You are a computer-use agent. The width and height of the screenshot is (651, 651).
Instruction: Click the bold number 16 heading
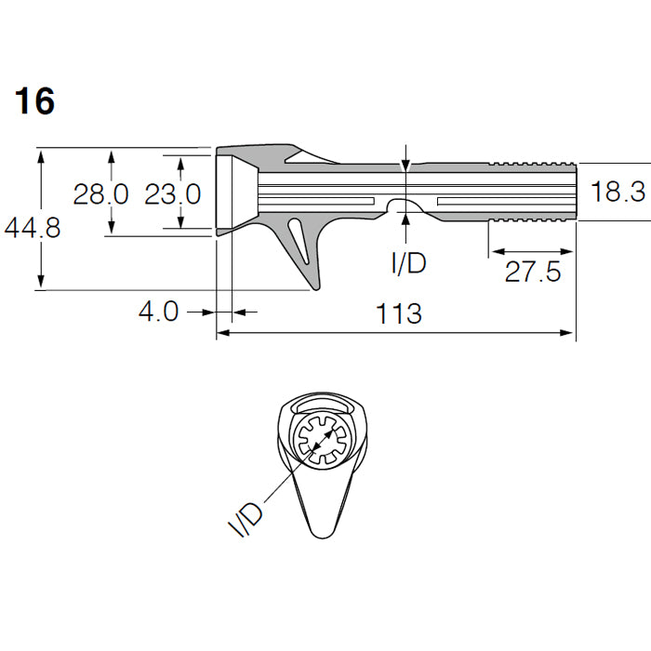point(34,101)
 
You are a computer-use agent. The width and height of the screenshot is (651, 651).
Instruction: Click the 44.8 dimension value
point(33,228)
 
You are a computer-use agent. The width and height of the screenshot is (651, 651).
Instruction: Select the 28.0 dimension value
point(100,193)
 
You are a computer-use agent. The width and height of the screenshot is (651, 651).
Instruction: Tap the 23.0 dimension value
point(173,193)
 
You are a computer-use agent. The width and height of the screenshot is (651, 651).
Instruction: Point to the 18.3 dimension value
point(618,192)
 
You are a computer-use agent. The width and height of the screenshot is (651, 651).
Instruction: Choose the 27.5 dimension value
point(533,272)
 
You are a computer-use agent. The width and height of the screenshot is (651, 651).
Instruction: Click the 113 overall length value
point(399,313)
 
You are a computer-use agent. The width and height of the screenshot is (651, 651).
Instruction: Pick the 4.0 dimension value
point(158,311)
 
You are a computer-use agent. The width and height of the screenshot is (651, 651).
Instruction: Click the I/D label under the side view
point(409,262)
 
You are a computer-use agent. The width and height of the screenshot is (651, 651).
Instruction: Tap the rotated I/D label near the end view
point(246,520)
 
